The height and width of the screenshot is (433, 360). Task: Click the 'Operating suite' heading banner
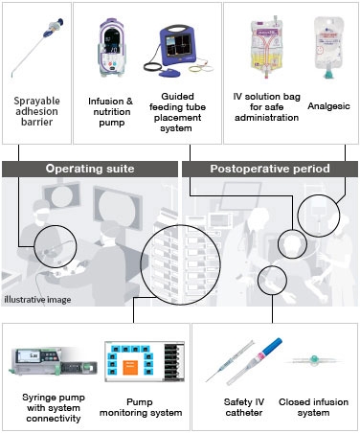[x=89, y=169]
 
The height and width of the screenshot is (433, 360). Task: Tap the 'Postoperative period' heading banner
[x=271, y=169]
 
